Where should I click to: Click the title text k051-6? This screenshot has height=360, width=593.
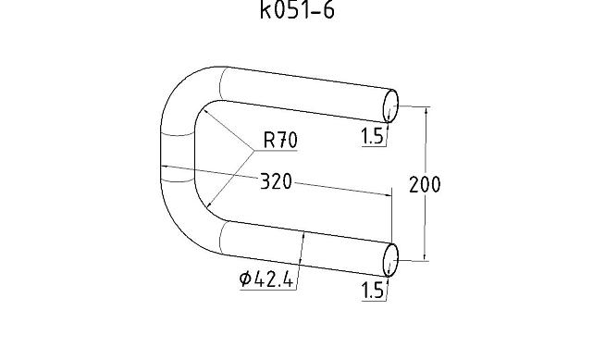click(296, 12)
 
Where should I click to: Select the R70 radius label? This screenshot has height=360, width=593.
click(280, 141)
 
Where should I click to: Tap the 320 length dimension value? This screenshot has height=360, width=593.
click(275, 181)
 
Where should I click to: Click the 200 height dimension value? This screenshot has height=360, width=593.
click(425, 184)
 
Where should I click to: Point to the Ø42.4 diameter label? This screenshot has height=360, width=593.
click(266, 279)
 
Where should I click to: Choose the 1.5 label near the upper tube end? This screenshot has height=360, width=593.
click(372, 137)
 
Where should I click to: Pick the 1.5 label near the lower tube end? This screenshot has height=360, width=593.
click(372, 291)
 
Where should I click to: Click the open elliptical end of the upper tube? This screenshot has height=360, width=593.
click(390, 106)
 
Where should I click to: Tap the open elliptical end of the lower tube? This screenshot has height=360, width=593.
click(390, 260)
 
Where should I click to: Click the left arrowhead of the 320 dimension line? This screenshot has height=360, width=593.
click(165, 168)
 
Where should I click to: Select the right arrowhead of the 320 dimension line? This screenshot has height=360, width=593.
click(389, 193)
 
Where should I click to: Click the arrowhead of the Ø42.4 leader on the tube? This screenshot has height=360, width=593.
click(304, 236)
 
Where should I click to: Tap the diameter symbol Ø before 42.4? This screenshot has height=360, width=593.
click(245, 279)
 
